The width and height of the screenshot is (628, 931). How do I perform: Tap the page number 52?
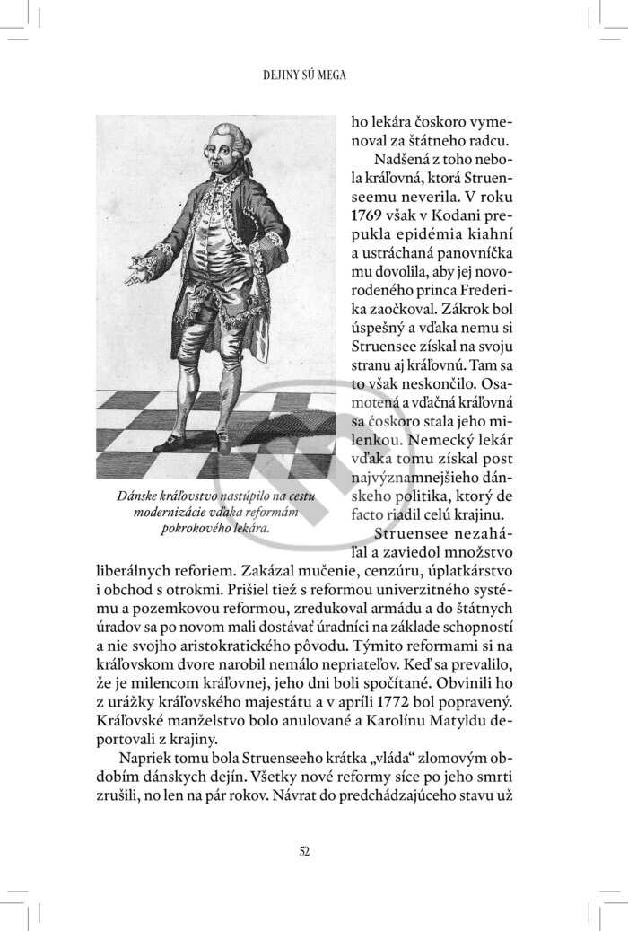click(304, 851)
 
